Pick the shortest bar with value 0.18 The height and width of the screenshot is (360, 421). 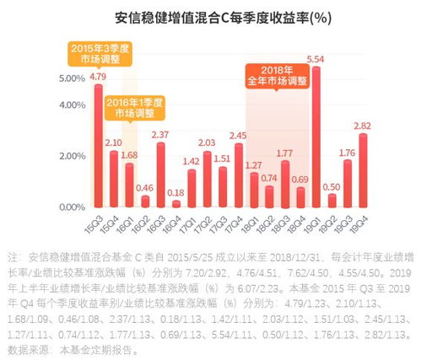click(x=175, y=202)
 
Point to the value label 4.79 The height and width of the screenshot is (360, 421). click(x=99, y=76)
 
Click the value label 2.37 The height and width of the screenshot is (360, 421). click(x=160, y=134)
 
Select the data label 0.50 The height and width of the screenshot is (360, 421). click(x=332, y=186)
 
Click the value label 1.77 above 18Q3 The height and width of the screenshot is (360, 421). click(x=285, y=153)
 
